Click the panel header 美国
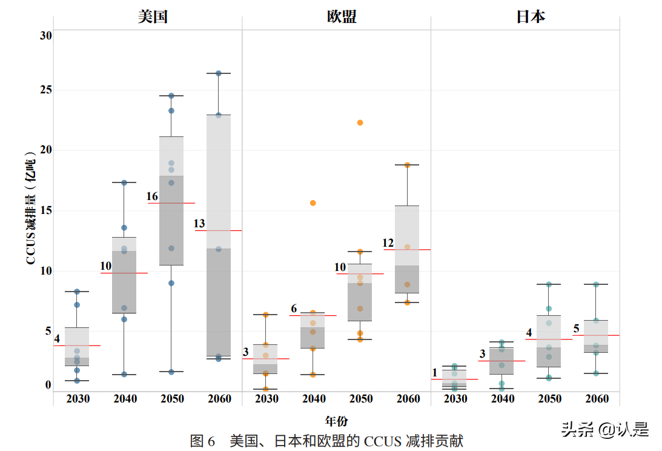point(153,16)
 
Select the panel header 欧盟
point(342,16)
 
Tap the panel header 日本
point(531,16)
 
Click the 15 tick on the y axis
point(46,211)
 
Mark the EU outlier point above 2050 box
point(360,122)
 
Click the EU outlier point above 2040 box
point(313,203)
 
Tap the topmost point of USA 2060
point(219,73)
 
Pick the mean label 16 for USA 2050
point(152,197)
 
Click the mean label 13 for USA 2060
point(199,224)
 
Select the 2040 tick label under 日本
point(503,399)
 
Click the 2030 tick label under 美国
point(78,399)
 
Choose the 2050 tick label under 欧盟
point(361,399)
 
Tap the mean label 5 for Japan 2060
point(577,329)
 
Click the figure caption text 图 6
point(202,441)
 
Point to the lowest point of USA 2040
point(124,375)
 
